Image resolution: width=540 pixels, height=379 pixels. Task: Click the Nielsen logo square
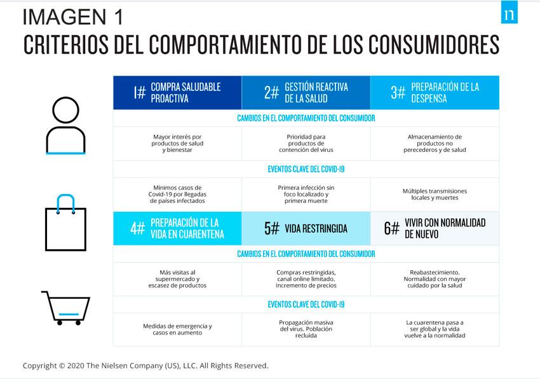(x=509, y=14)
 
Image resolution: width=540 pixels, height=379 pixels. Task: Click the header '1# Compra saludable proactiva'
(x=177, y=92)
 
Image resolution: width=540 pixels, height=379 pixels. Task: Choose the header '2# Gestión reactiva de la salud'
(x=306, y=92)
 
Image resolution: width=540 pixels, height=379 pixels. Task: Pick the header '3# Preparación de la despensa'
(x=435, y=92)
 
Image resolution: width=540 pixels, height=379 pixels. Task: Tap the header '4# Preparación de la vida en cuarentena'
(x=177, y=228)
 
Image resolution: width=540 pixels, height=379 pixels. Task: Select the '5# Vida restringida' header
(x=306, y=228)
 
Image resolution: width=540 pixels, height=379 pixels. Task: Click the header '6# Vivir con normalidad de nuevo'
(x=435, y=228)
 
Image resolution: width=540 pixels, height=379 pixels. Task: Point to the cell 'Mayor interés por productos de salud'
(x=177, y=143)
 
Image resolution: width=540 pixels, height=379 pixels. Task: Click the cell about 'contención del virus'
(x=306, y=143)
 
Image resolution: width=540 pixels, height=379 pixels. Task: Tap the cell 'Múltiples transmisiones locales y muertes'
(x=435, y=194)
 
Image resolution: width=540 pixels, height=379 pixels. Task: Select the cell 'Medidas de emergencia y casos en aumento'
(x=177, y=329)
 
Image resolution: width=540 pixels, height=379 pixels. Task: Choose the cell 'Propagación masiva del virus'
(x=306, y=329)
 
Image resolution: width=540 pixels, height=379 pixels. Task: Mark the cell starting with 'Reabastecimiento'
(x=435, y=279)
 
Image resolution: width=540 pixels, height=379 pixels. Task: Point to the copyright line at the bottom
(x=145, y=366)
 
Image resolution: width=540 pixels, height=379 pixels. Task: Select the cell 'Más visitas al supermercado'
(x=177, y=279)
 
